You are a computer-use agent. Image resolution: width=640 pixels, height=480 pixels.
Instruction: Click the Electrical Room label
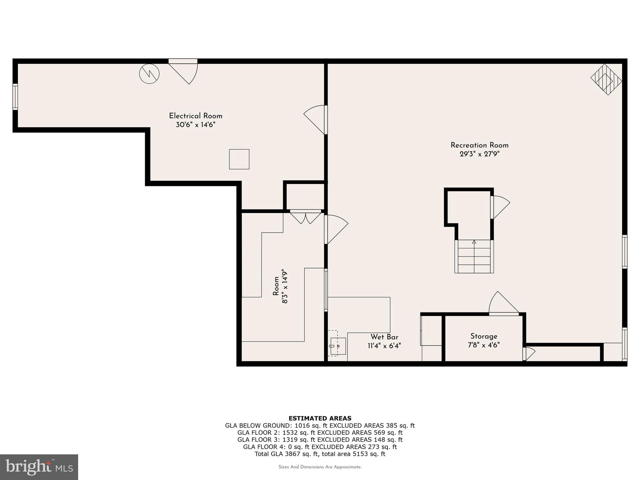(x=196, y=116)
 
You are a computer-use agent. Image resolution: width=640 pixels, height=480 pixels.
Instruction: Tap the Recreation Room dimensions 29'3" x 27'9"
(x=480, y=154)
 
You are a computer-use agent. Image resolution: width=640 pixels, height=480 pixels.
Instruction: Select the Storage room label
(x=484, y=337)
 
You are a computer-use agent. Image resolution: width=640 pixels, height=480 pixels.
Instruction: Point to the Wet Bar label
(x=384, y=337)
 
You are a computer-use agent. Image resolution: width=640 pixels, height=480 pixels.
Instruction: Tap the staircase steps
(x=474, y=257)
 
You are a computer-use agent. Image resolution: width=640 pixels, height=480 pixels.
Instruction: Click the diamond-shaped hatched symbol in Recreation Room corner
(x=606, y=80)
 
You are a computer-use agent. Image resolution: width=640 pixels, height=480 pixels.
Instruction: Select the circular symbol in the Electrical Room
(x=149, y=74)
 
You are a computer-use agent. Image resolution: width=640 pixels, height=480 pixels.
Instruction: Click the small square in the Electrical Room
(x=239, y=159)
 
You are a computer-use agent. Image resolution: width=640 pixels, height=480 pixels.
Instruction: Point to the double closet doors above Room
(x=306, y=216)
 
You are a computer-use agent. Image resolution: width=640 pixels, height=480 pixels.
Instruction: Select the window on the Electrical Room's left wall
(x=15, y=97)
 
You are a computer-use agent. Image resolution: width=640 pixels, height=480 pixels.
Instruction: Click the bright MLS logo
(x=39, y=467)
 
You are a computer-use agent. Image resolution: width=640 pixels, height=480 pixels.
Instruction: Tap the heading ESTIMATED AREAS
(x=320, y=418)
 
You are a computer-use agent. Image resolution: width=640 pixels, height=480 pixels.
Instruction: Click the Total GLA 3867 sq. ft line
(x=320, y=454)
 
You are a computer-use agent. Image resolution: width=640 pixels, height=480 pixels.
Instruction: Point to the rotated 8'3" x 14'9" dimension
(x=284, y=286)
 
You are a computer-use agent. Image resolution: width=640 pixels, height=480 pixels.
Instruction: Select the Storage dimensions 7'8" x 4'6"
(x=484, y=345)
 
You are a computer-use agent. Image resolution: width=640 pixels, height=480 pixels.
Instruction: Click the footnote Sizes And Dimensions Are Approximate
(x=320, y=467)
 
